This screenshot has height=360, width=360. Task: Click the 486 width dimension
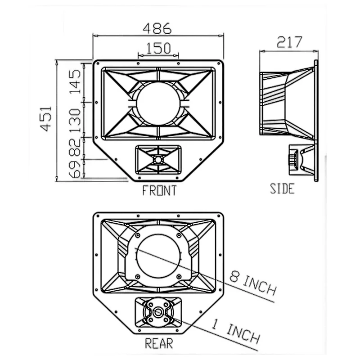tap(157, 28)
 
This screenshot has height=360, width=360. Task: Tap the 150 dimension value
tap(159, 48)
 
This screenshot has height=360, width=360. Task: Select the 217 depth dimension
tap(289, 42)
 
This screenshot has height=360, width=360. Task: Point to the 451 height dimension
tap(46, 118)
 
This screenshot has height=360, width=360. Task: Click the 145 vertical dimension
tap(75, 82)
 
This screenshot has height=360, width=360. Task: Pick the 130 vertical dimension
tap(75, 121)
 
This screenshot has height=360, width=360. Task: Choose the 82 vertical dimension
tap(75, 147)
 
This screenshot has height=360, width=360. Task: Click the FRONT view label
tap(160, 190)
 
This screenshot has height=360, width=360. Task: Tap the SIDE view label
tap(282, 189)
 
